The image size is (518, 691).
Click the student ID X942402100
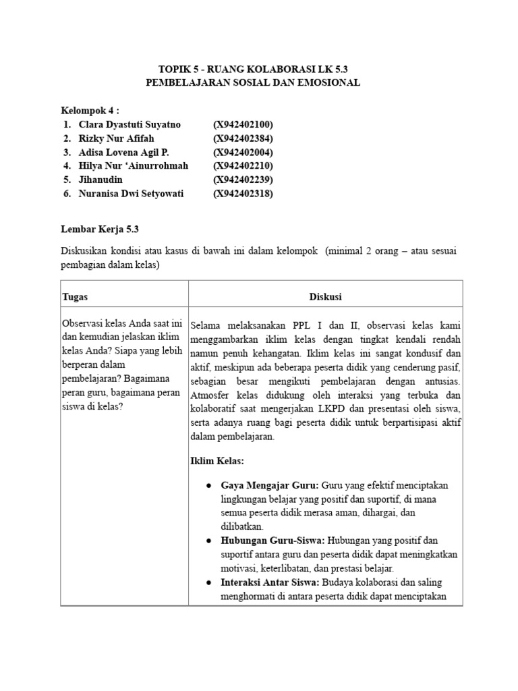click(x=243, y=125)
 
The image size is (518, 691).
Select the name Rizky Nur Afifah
click(x=113, y=138)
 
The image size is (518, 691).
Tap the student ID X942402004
click(x=243, y=152)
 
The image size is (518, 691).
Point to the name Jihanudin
click(x=101, y=179)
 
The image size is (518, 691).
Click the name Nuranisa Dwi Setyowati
click(x=131, y=194)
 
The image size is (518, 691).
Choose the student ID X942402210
click(x=243, y=166)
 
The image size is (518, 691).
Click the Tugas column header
click(x=75, y=297)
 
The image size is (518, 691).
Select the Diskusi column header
click(x=325, y=297)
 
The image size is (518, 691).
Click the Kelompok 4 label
click(x=88, y=110)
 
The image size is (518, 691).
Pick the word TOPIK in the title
click(x=174, y=69)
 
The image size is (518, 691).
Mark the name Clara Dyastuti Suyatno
click(x=130, y=125)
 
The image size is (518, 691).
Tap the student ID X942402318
click(x=243, y=194)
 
